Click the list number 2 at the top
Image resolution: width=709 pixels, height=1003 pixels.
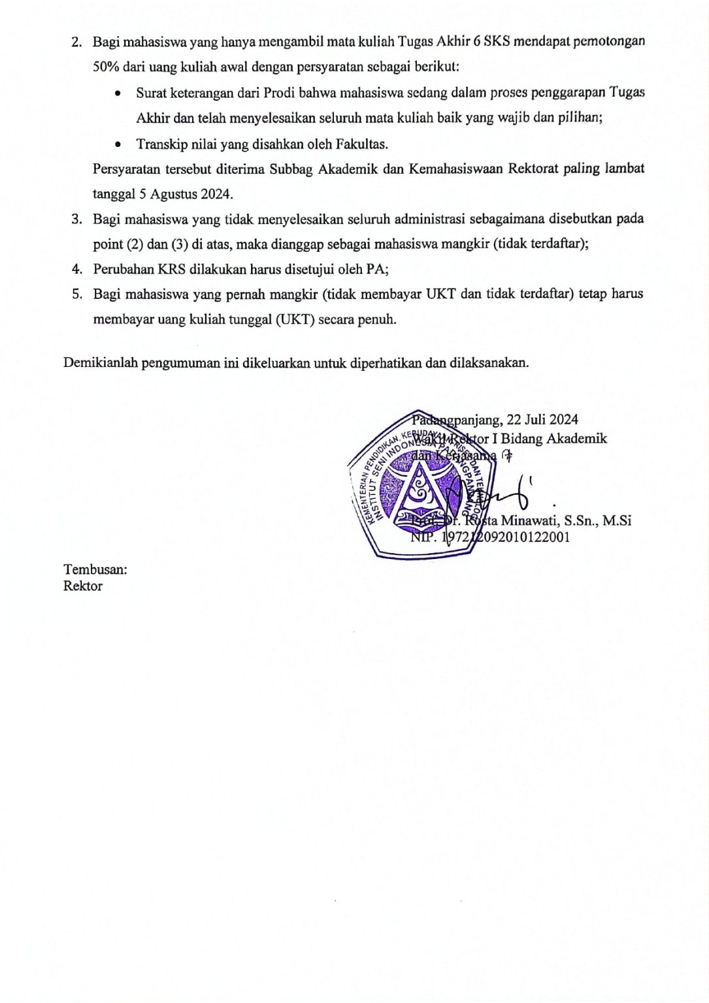(x=76, y=42)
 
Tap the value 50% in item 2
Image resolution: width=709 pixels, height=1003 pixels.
(x=106, y=67)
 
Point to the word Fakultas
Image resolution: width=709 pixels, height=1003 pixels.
(x=361, y=144)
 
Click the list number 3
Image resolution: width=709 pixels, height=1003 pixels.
(x=76, y=219)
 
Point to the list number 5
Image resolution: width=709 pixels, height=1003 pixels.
(x=76, y=294)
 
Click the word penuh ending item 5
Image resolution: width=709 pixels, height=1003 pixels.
(x=376, y=319)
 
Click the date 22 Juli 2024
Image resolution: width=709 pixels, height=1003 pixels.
(x=542, y=419)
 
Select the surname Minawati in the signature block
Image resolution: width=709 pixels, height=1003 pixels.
(x=529, y=520)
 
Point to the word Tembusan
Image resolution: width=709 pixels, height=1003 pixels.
(x=95, y=569)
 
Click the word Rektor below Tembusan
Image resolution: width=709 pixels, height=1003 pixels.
(x=83, y=586)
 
